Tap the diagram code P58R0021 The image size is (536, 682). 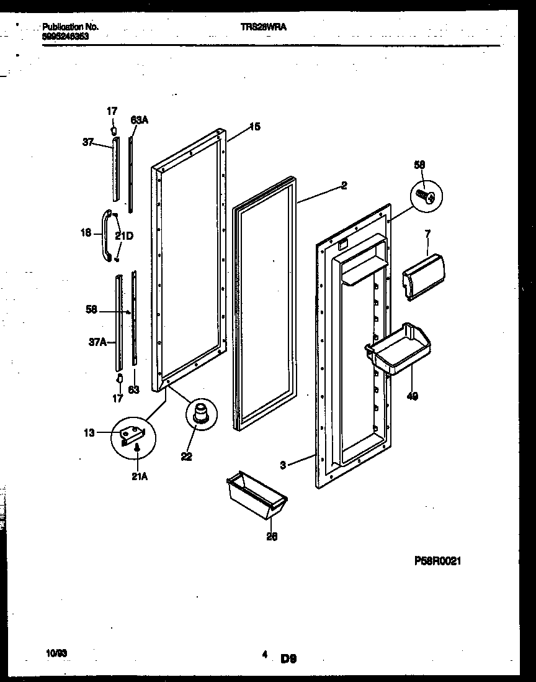point(437,560)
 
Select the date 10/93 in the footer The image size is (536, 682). point(56,653)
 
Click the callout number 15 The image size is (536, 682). point(254,127)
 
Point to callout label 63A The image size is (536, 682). point(139,120)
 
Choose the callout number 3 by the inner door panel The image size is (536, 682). point(283,463)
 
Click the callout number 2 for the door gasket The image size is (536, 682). point(344,185)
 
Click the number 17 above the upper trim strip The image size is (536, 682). point(112,111)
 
